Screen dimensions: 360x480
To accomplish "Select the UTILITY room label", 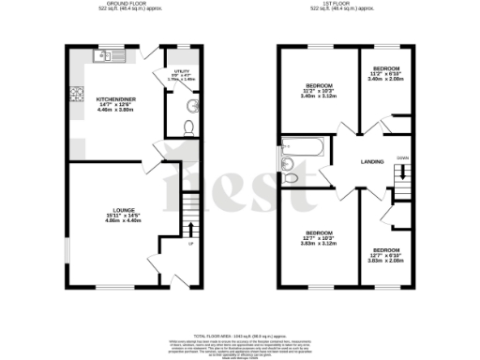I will (183, 71).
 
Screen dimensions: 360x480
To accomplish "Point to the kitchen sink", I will (105, 56).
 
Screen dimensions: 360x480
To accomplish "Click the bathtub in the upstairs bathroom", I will (303, 147).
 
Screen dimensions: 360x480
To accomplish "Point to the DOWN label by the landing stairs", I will (401, 158).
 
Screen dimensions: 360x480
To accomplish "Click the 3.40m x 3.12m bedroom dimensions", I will (321, 96).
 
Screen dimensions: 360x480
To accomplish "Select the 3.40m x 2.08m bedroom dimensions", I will (386, 79).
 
